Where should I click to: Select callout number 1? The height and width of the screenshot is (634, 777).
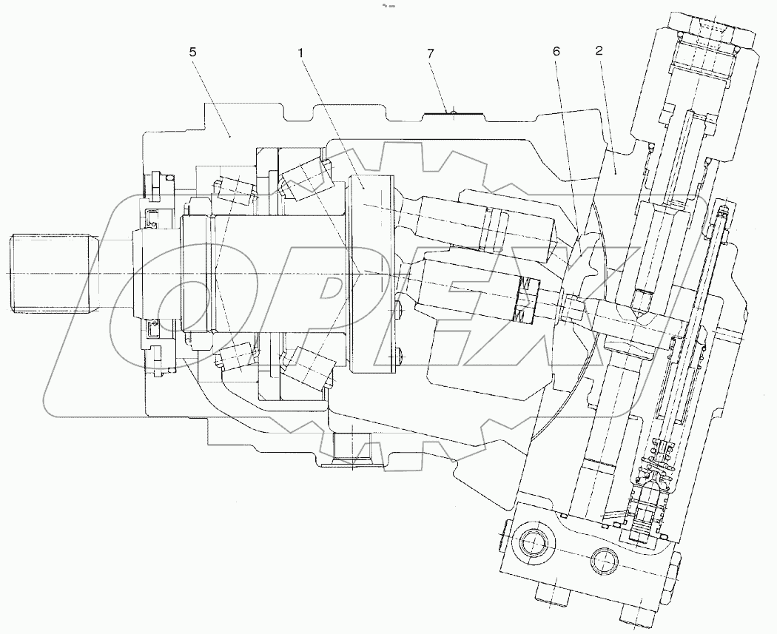(x=301, y=54)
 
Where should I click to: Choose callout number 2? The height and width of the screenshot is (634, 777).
(x=599, y=51)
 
